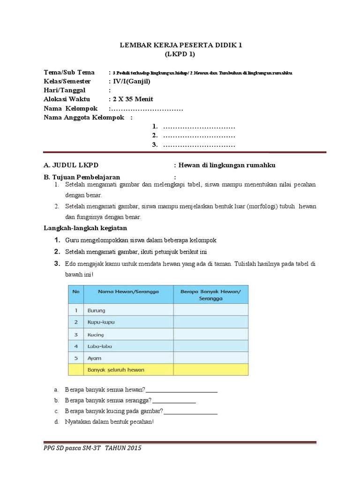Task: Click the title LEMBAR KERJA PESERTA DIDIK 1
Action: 180,45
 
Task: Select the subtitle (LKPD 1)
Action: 180,54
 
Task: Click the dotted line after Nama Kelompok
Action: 146,108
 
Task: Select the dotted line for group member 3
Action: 198,145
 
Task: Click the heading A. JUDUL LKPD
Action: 71,165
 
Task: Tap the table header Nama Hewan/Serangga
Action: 128,292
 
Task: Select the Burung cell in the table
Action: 96,310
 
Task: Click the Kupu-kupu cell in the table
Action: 101,322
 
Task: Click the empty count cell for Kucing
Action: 211,334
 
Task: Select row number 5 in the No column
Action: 75,358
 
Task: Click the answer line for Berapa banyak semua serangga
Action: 174,401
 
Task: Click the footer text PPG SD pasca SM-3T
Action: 73,448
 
